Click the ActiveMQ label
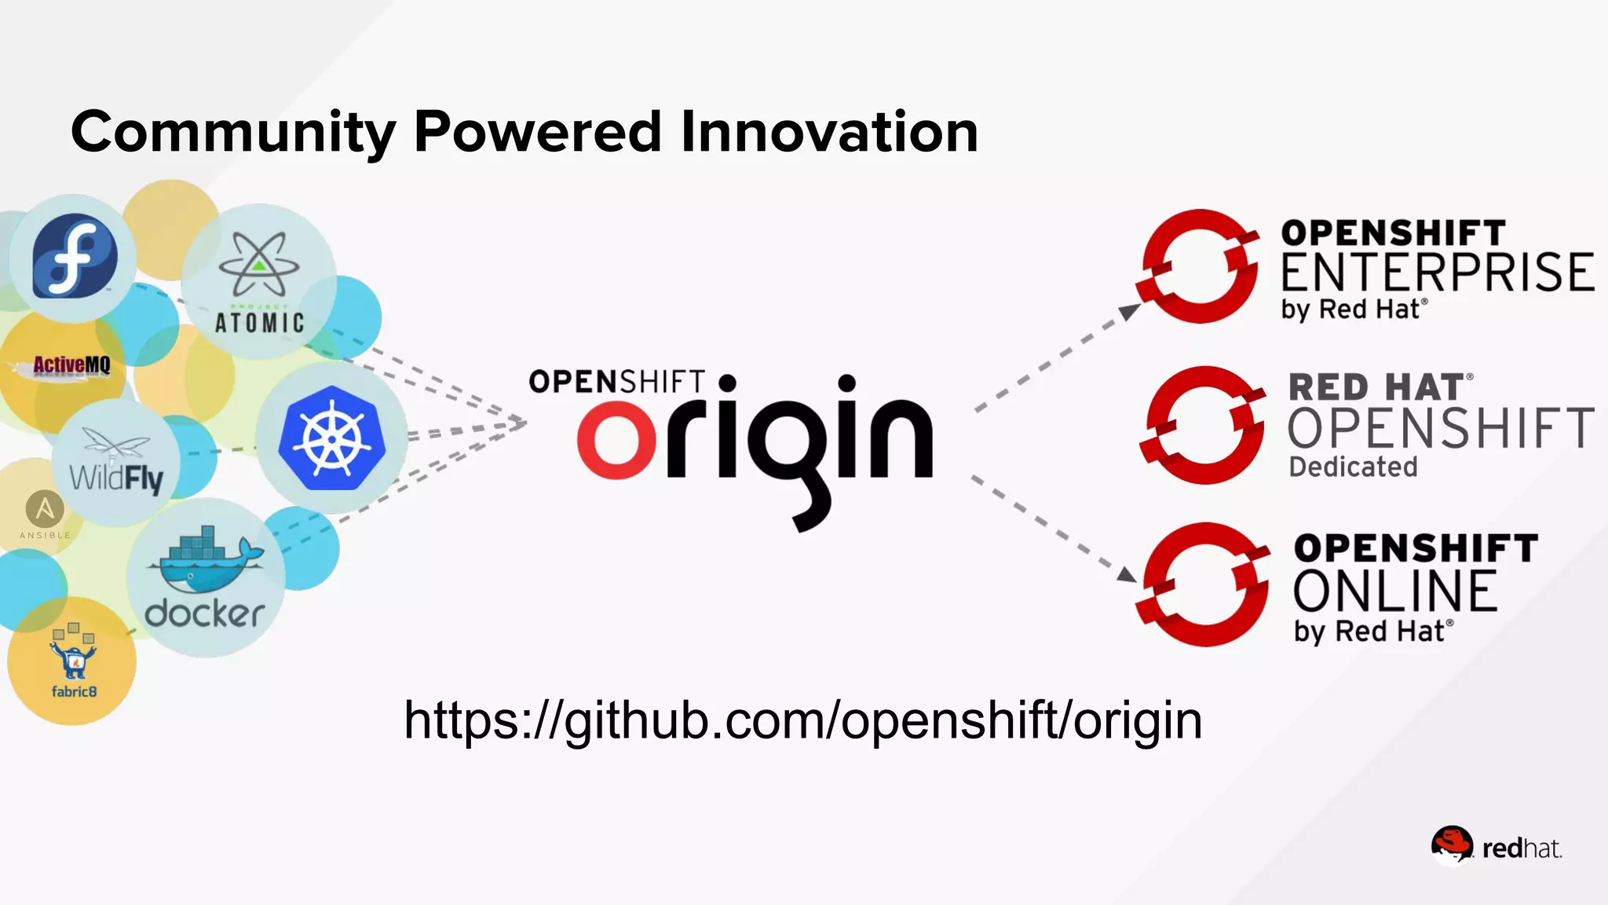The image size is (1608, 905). click(x=71, y=365)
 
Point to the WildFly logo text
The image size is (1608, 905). click(x=116, y=478)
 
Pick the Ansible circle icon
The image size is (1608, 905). click(x=45, y=509)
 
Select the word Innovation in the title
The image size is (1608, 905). click(x=829, y=132)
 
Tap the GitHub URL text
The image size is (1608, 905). click(x=802, y=720)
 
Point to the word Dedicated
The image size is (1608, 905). click(x=1353, y=467)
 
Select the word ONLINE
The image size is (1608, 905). click(x=1395, y=591)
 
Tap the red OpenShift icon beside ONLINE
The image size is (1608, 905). click(x=1202, y=584)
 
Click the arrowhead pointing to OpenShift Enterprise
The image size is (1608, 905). click(x=1129, y=311)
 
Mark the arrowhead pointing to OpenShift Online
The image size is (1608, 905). click(x=1127, y=575)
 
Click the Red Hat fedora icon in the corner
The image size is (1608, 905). click(x=1451, y=845)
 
